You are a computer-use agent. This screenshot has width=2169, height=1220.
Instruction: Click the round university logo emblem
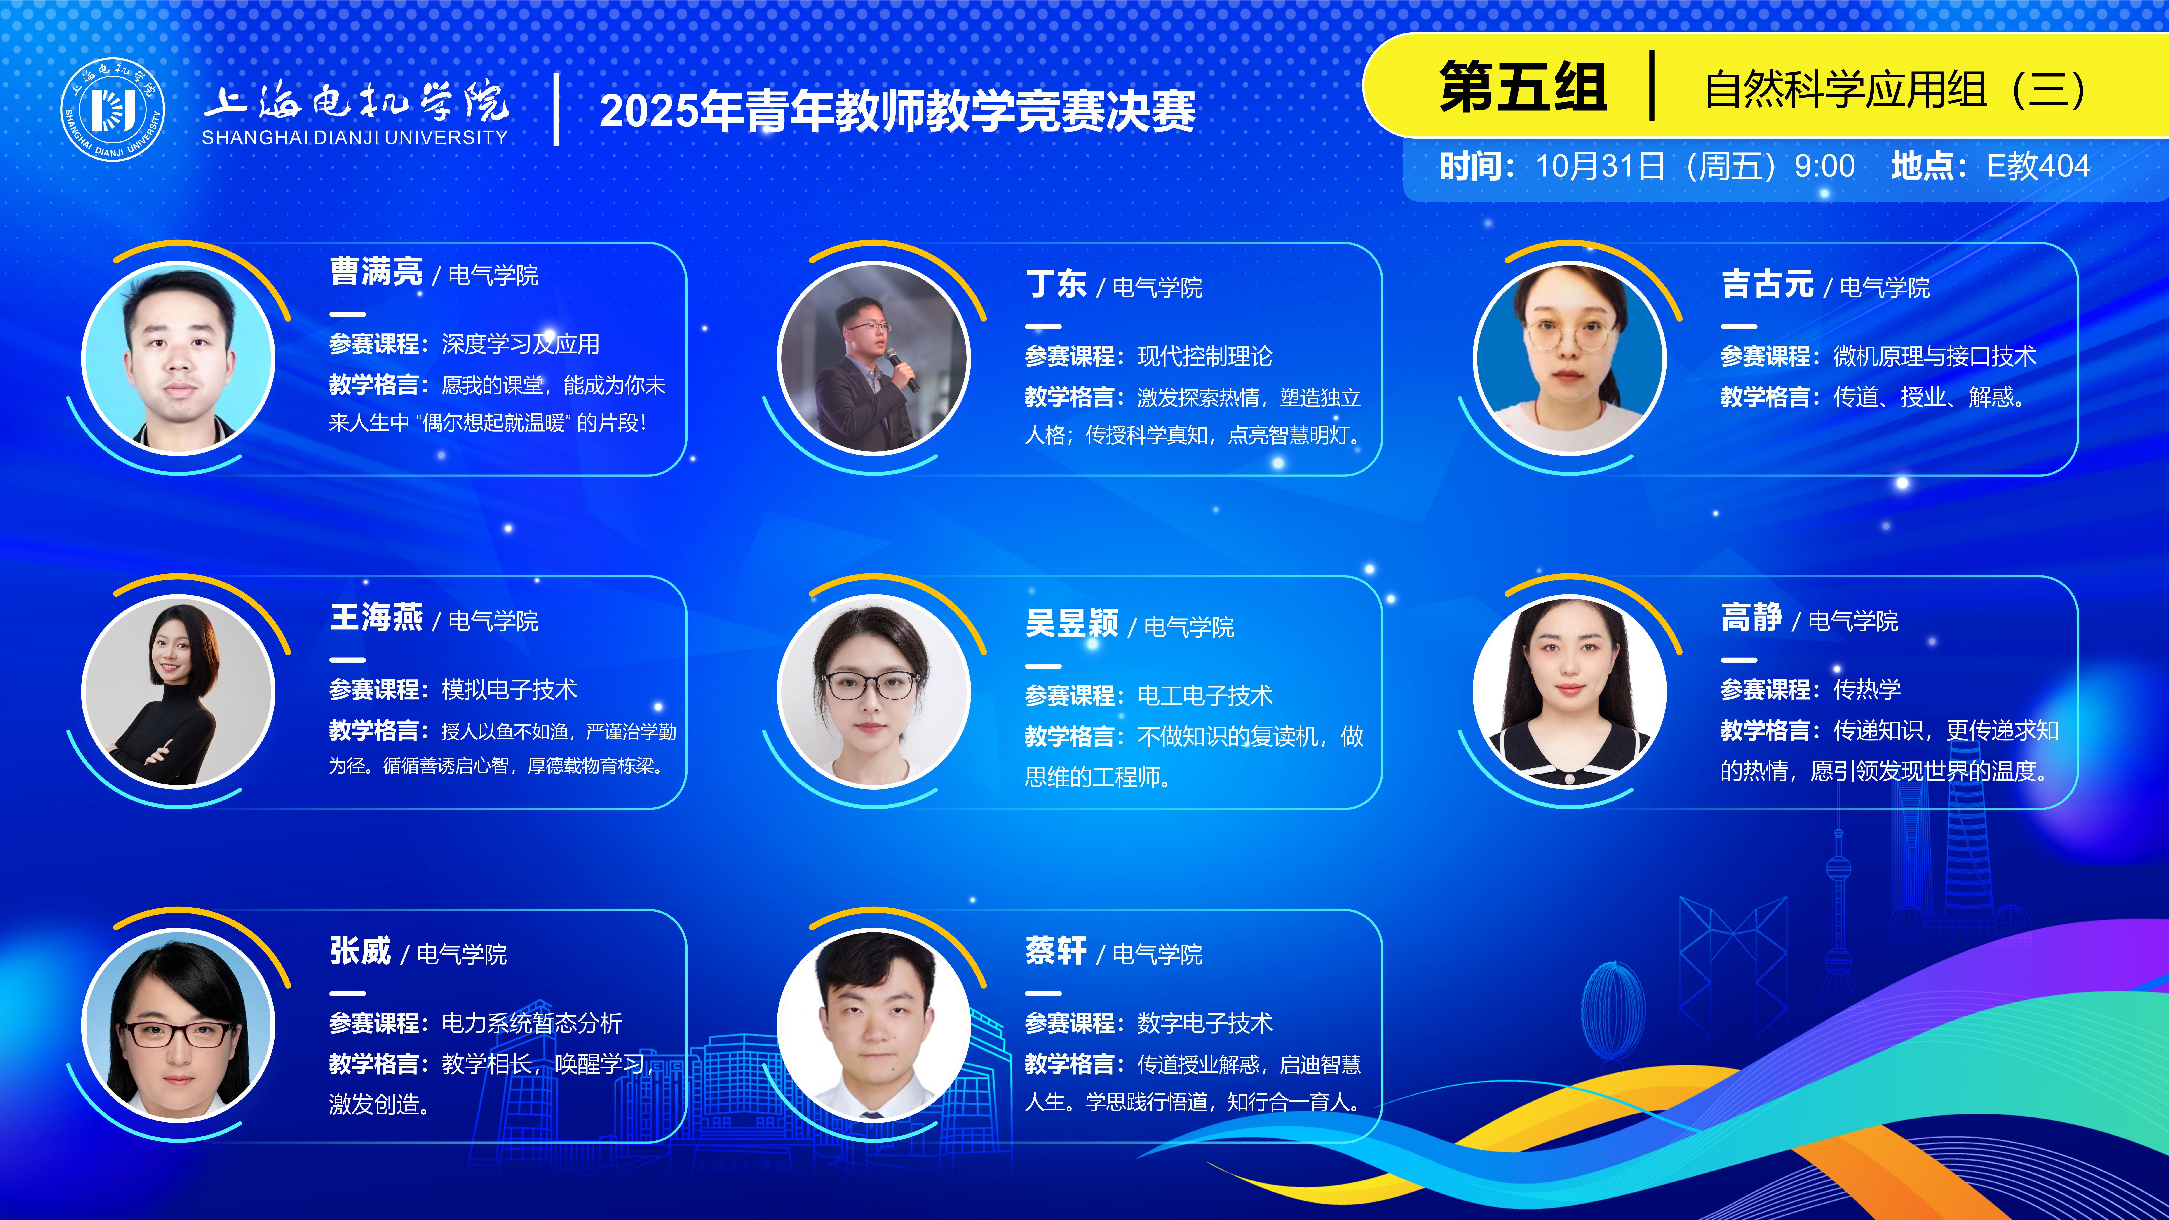113,109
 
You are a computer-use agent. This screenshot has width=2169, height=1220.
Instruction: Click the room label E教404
2038,166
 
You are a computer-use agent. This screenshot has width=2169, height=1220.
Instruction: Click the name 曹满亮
376,272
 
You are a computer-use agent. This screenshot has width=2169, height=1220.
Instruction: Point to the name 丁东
1056,285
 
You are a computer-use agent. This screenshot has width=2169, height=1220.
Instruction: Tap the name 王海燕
376,618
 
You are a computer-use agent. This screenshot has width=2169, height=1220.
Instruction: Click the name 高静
1751,618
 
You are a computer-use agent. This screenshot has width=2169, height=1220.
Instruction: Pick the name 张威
360,951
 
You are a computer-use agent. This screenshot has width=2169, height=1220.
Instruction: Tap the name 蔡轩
1056,951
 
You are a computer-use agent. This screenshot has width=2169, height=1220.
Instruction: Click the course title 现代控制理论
1205,356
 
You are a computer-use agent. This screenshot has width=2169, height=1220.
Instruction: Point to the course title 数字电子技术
1205,1023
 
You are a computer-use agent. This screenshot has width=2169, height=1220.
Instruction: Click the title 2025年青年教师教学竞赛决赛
898,111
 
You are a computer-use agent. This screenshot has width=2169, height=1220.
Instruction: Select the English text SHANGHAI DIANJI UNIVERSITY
354,137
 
